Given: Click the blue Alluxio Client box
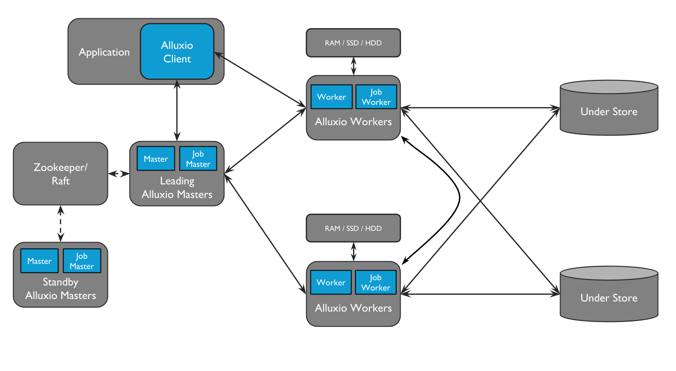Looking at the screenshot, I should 177,52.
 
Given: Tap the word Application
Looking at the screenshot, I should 104,52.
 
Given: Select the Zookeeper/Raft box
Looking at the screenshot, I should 60,174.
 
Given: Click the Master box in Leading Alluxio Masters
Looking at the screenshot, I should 156,159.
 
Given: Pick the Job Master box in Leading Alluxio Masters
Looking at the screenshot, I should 198,159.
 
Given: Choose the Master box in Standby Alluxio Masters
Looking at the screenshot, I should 39,261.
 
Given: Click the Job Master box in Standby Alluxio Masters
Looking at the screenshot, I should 82,261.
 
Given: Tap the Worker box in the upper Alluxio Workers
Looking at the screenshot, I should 331,97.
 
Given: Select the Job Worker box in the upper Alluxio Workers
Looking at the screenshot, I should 376,97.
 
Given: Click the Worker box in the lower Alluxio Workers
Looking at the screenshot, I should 331,283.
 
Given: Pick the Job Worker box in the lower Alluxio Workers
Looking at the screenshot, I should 375,283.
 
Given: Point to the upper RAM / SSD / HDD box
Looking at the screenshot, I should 353,43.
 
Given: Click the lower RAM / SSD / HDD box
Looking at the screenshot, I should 353,228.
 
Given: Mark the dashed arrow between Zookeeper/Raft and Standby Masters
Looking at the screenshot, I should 60,223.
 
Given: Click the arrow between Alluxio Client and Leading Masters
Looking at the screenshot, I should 177,110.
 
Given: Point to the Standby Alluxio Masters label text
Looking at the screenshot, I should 60,289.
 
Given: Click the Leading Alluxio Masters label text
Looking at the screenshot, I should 177,188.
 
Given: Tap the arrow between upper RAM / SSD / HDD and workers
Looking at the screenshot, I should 353,66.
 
